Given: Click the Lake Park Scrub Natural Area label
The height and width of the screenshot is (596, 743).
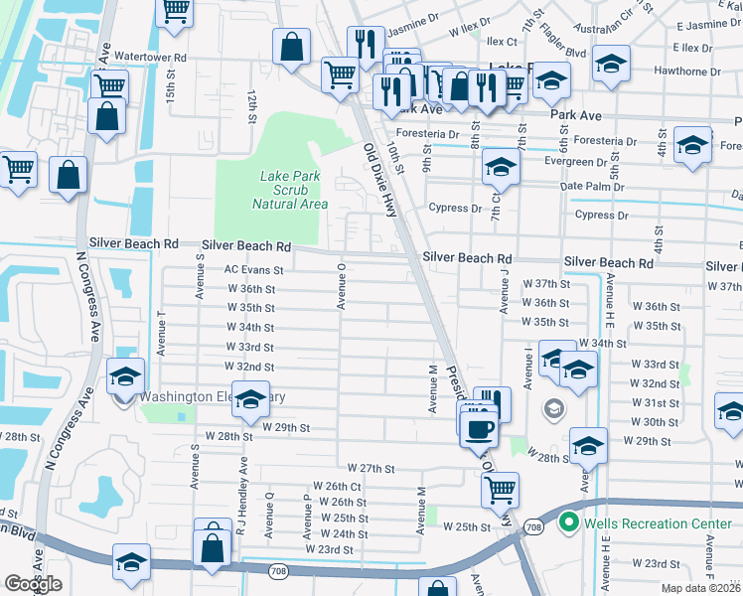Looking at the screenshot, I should click(x=289, y=190).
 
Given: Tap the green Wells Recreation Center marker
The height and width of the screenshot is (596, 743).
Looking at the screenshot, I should click(x=569, y=521).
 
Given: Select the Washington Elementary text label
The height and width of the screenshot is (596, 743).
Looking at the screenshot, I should click(x=212, y=396).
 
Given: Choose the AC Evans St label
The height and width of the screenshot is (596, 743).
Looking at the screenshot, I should click(x=254, y=269).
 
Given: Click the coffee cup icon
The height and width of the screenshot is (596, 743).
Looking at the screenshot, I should click(x=482, y=429).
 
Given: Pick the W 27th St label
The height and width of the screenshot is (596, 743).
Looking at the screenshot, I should click(x=371, y=468).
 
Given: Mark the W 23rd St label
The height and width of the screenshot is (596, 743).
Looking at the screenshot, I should click(x=329, y=549).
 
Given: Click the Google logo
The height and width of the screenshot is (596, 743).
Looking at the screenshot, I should click(x=33, y=584).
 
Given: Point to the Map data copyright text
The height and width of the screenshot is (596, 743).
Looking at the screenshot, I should click(x=700, y=588).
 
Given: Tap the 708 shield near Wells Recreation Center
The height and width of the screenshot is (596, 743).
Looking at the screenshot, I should click(x=534, y=525).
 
